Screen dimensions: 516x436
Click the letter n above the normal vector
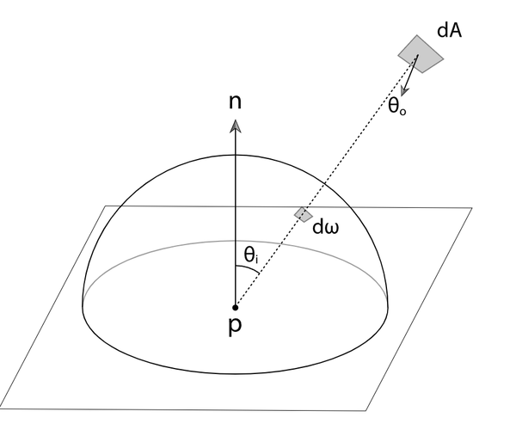pyautogui.click(x=235, y=102)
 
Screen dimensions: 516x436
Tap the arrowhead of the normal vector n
pyautogui.click(x=235, y=126)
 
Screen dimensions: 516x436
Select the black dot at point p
pyautogui.click(x=235, y=306)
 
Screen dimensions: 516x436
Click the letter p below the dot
pyautogui.click(x=235, y=329)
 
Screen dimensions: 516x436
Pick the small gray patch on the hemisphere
pyautogui.click(x=303, y=213)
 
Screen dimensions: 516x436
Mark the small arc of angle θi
pyautogui.click(x=249, y=270)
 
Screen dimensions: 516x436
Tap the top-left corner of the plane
pyautogui.click(x=106, y=206)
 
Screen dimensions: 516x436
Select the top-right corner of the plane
pyautogui.click(x=472, y=208)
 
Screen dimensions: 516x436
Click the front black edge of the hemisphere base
pyautogui.click(x=235, y=372)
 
